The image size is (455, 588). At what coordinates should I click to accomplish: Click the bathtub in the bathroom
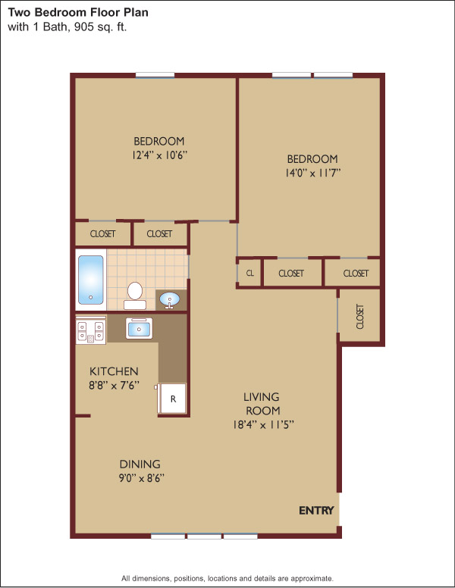90,280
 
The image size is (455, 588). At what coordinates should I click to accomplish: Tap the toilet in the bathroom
135,296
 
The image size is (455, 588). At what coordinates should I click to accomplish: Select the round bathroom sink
169,299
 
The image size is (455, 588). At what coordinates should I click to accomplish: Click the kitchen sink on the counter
139,329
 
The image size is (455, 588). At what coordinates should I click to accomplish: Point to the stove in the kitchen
90,330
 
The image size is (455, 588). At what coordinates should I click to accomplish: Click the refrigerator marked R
171,399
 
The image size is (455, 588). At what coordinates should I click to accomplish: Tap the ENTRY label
316,511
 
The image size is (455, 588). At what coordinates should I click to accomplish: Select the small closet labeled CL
249,273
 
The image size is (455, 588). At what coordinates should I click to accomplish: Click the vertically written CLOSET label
359,317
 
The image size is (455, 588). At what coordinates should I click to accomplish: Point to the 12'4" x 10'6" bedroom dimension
159,155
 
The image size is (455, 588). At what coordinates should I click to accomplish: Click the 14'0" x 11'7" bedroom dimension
312,173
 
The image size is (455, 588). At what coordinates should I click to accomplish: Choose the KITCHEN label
114,371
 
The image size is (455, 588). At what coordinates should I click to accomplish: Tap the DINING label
140,464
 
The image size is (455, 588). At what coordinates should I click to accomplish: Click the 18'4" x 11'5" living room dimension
263,425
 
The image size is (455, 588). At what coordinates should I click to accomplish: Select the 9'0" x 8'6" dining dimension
142,478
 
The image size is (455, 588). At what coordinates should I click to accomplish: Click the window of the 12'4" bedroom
155,75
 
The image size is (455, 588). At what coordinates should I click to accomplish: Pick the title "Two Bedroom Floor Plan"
78,12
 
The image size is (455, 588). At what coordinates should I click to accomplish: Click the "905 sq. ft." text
101,27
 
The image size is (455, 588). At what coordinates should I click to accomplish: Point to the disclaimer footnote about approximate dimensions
227,578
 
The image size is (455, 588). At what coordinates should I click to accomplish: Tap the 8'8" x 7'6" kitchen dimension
114,385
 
